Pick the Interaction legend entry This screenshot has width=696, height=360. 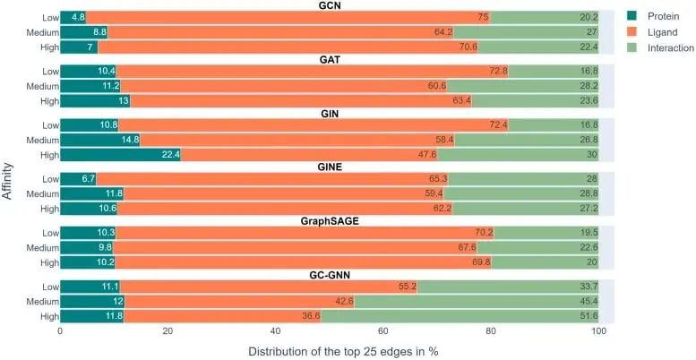coord(664,47)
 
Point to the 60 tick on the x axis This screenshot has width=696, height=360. coord(382,330)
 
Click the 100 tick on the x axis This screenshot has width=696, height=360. coord(597,330)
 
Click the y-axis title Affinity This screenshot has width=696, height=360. coord(8,166)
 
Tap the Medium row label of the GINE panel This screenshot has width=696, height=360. coord(39,193)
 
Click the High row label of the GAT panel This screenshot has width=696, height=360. coord(46,100)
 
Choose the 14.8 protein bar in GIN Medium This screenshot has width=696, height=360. coord(99,140)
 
